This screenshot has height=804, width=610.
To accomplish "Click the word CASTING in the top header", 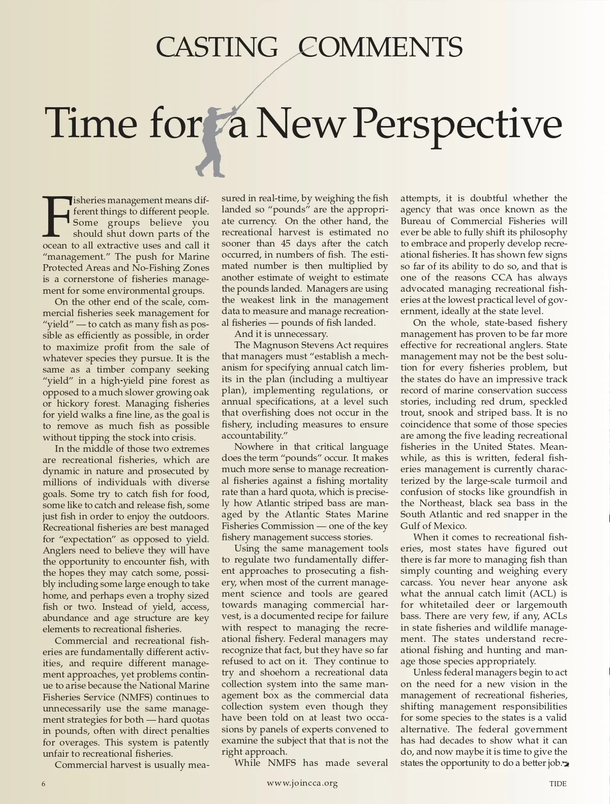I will pyautogui.click(x=217, y=47).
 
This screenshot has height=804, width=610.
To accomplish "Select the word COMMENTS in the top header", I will pyautogui.click(x=380, y=47).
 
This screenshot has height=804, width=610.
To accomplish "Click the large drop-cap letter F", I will pyautogui.click(x=56, y=217).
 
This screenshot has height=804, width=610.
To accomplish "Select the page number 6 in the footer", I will pyautogui.click(x=44, y=784).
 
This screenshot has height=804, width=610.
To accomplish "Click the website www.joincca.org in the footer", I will pyautogui.click(x=302, y=783).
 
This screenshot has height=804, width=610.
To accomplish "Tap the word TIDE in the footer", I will pyautogui.click(x=558, y=784).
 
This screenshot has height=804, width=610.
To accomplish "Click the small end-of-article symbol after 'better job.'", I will pyautogui.click(x=565, y=763).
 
